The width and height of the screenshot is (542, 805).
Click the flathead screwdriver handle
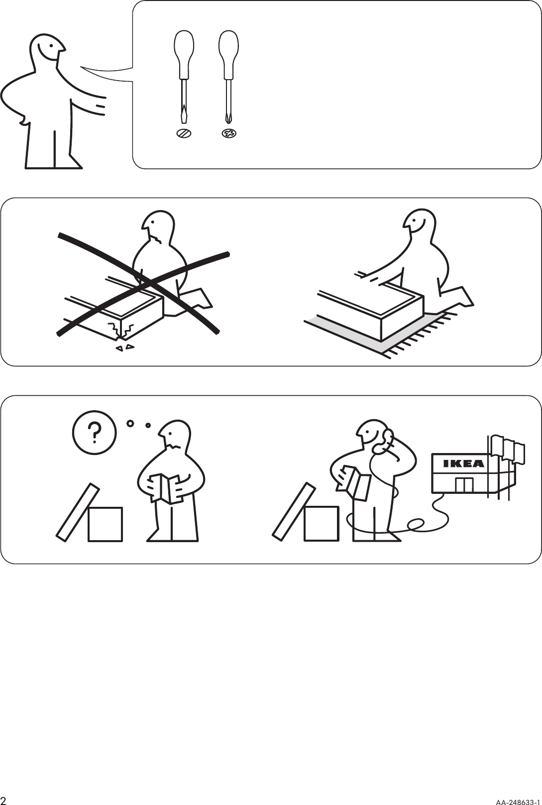(184, 55)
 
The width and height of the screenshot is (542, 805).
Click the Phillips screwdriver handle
(229, 55)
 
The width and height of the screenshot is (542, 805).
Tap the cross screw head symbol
(229, 133)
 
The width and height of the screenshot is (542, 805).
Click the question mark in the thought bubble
(94, 432)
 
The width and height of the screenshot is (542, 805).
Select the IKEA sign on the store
(463, 463)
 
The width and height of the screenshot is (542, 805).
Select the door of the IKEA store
(464, 484)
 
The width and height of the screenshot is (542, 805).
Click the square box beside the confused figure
(105, 524)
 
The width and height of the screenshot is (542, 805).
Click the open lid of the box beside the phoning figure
(294, 511)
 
